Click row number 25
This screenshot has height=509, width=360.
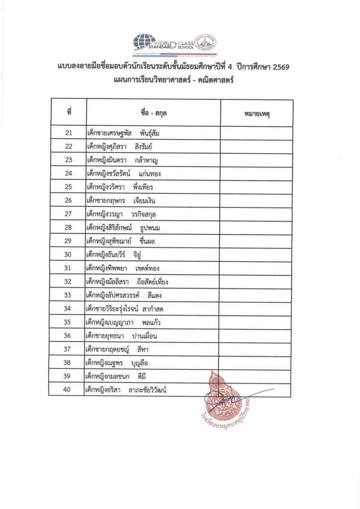[x=69, y=187]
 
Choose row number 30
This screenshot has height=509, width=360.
[x=69, y=254]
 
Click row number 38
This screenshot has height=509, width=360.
[x=69, y=363]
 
